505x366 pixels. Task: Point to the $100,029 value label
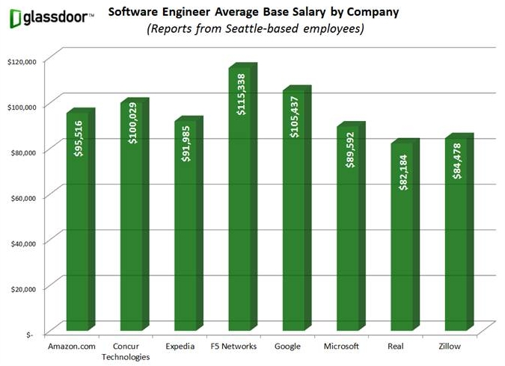(133, 121)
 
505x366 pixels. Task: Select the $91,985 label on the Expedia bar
(188, 140)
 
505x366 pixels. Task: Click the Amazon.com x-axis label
(73, 347)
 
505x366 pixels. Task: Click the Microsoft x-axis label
(341, 347)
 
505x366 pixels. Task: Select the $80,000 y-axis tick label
(22, 152)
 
